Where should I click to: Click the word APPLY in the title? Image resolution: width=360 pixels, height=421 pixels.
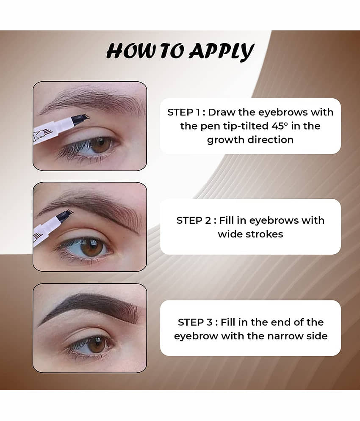pyautogui.click(x=221, y=51)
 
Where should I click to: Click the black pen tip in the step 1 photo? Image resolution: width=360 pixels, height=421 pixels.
pyautogui.click(x=80, y=118)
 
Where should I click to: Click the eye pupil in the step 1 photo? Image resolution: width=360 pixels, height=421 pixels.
pyautogui.click(x=101, y=144)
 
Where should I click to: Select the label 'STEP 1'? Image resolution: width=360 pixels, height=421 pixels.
pyautogui.click(x=184, y=112)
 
